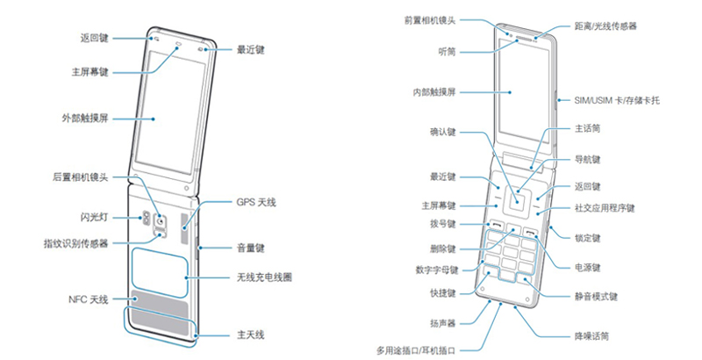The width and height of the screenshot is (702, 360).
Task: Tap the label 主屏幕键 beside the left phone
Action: click(90, 70)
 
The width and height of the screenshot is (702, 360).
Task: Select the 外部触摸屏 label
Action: click(86, 119)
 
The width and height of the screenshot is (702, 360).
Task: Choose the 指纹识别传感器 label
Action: click(75, 243)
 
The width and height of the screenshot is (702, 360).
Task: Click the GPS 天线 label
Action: click(256, 203)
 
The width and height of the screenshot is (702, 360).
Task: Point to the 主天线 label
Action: click(250, 335)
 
